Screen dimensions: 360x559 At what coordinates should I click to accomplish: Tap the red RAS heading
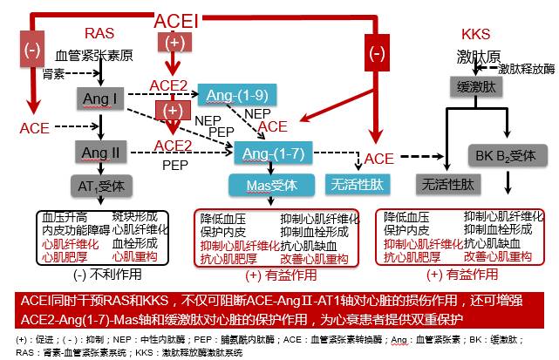click(x=99, y=33)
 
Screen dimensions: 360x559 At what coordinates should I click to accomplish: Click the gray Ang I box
click(x=100, y=98)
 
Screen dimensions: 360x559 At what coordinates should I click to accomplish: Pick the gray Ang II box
click(x=100, y=153)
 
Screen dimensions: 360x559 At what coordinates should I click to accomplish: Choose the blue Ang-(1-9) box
click(x=230, y=93)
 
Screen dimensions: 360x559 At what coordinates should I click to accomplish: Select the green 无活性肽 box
click(x=352, y=185)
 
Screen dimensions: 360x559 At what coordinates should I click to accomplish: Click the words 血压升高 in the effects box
click(x=62, y=215)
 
